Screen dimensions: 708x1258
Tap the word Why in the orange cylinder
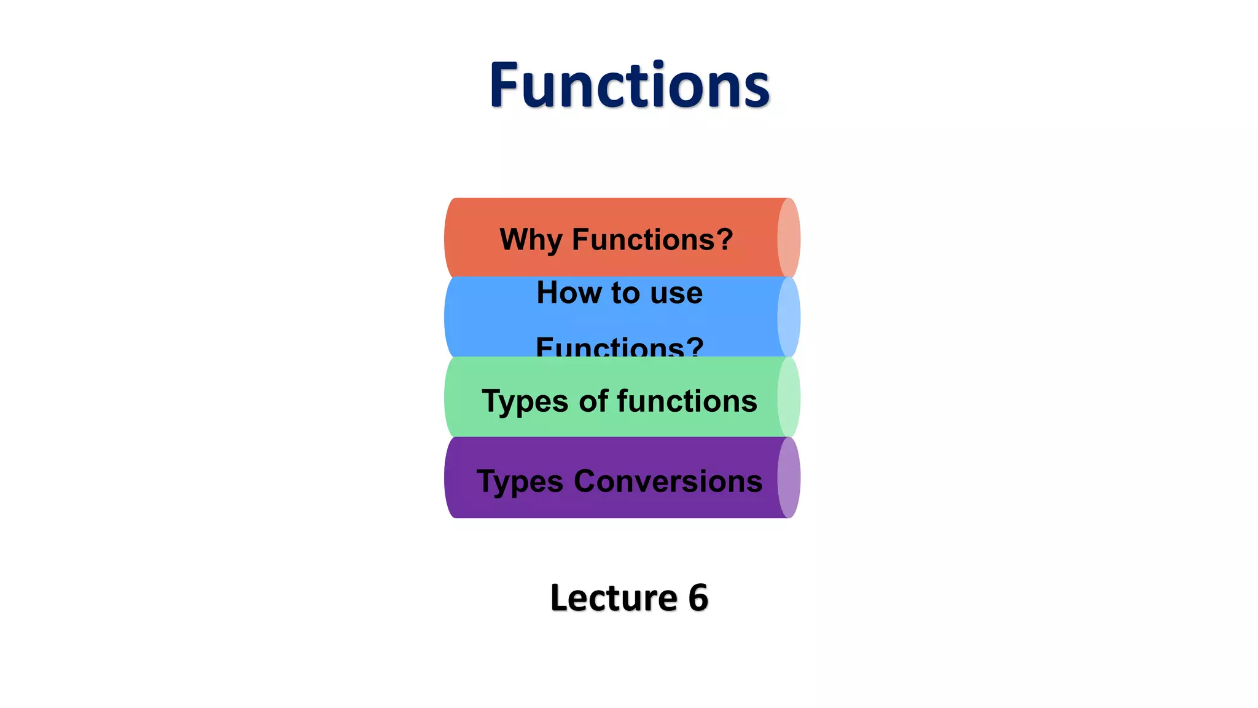click(531, 240)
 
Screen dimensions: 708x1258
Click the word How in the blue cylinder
click(569, 293)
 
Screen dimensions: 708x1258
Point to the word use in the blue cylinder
click(676, 293)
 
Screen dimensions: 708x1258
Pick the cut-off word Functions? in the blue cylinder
click(619, 347)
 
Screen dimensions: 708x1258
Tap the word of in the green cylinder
click(593, 401)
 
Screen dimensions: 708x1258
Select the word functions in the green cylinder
click(687, 401)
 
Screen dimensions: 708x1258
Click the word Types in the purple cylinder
click(520, 482)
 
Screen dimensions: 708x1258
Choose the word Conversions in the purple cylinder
click(668, 481)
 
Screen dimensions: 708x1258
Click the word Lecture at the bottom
click(613, 597)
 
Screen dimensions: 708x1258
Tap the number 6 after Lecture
click(698, 597)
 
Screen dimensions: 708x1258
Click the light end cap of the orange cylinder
click(789, 238)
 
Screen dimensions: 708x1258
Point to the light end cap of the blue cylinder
click(789, 317)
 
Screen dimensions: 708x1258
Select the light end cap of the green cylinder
click(789, 397)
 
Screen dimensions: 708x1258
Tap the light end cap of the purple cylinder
click(789, 478)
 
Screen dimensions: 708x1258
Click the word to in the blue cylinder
click(625, 293)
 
